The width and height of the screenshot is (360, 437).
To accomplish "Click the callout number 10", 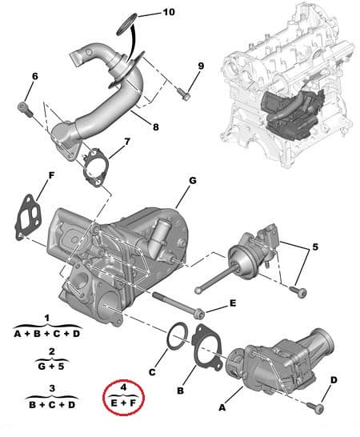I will [x=167, y=13].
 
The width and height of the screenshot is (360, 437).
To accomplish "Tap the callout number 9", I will [x=201, y=66].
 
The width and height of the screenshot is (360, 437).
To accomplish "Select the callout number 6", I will [x=34, y=77].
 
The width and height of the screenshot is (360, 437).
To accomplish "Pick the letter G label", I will [x=193, y=181].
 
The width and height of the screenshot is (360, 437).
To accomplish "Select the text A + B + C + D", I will [x=48, y=332].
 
